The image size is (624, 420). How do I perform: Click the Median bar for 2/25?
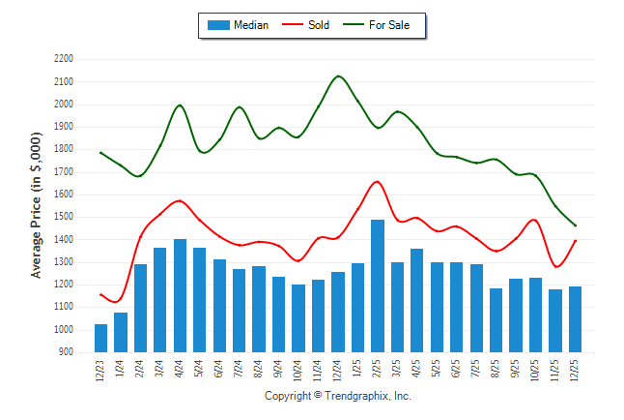coord(378,286)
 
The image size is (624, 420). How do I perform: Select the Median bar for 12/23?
coord(100,338)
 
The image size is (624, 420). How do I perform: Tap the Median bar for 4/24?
coord(180,295)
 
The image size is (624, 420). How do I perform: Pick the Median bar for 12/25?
coord(576,319)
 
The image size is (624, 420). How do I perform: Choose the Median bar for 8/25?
coord(496,320)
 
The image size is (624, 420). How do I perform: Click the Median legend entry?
coord(237,25)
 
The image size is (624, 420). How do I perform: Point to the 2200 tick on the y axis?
coord(64,59)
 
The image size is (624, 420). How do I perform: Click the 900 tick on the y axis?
coord(67,352)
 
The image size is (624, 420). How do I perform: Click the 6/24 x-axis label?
coord(219,372)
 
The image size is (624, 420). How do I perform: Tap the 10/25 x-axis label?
coord(536,372)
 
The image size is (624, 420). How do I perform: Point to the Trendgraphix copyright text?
coord(338,397)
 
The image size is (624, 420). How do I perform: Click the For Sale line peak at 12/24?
coord(338,75)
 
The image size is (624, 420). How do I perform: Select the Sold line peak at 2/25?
coord(377,181)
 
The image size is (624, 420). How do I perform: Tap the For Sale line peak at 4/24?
coord(180,105)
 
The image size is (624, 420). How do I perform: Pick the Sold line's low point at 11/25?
coord(556,267)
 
